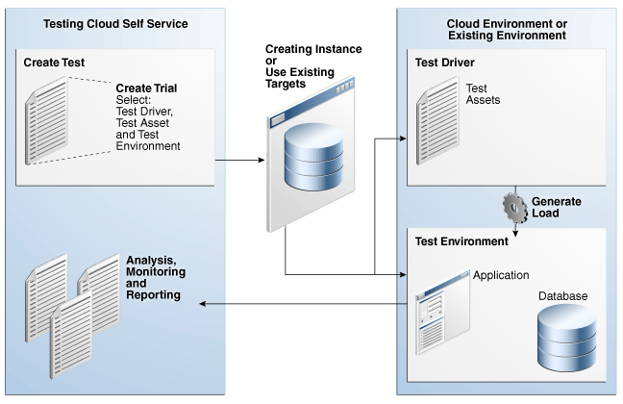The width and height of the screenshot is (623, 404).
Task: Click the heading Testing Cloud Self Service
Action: coord(115,24)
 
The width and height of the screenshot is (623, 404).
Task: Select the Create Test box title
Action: coord(54,63)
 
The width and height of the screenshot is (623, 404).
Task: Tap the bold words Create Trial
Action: coord(146,88)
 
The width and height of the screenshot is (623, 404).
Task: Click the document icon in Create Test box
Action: coord(46,120)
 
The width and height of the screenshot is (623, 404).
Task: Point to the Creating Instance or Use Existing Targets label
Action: coord(313,66)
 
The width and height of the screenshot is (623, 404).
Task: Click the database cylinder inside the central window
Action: coord(313,157)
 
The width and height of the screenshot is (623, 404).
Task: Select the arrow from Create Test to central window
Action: coord(239,161)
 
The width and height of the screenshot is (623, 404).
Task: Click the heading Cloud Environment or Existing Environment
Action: coord(507,30)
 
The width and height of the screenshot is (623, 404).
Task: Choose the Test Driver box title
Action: coord(444,63)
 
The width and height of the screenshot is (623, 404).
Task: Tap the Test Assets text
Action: coord(483,94)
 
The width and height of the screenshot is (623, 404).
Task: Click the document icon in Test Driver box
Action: coord(437,120)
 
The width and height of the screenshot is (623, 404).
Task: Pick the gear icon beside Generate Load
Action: coord(515,208)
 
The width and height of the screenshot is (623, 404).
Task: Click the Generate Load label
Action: coord(557,207)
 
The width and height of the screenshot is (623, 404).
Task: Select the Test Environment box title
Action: coord(461,241)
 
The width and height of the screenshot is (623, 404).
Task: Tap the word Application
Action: coord(501,275)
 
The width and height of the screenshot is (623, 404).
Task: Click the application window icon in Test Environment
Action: coord(442,313)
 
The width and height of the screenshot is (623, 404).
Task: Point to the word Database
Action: coord(562,296)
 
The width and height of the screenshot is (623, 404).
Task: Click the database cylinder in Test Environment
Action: coord(567,338)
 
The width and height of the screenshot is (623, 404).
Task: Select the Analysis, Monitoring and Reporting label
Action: coord(156,278)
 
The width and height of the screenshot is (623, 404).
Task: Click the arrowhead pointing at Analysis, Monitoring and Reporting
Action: coord(202,304)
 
